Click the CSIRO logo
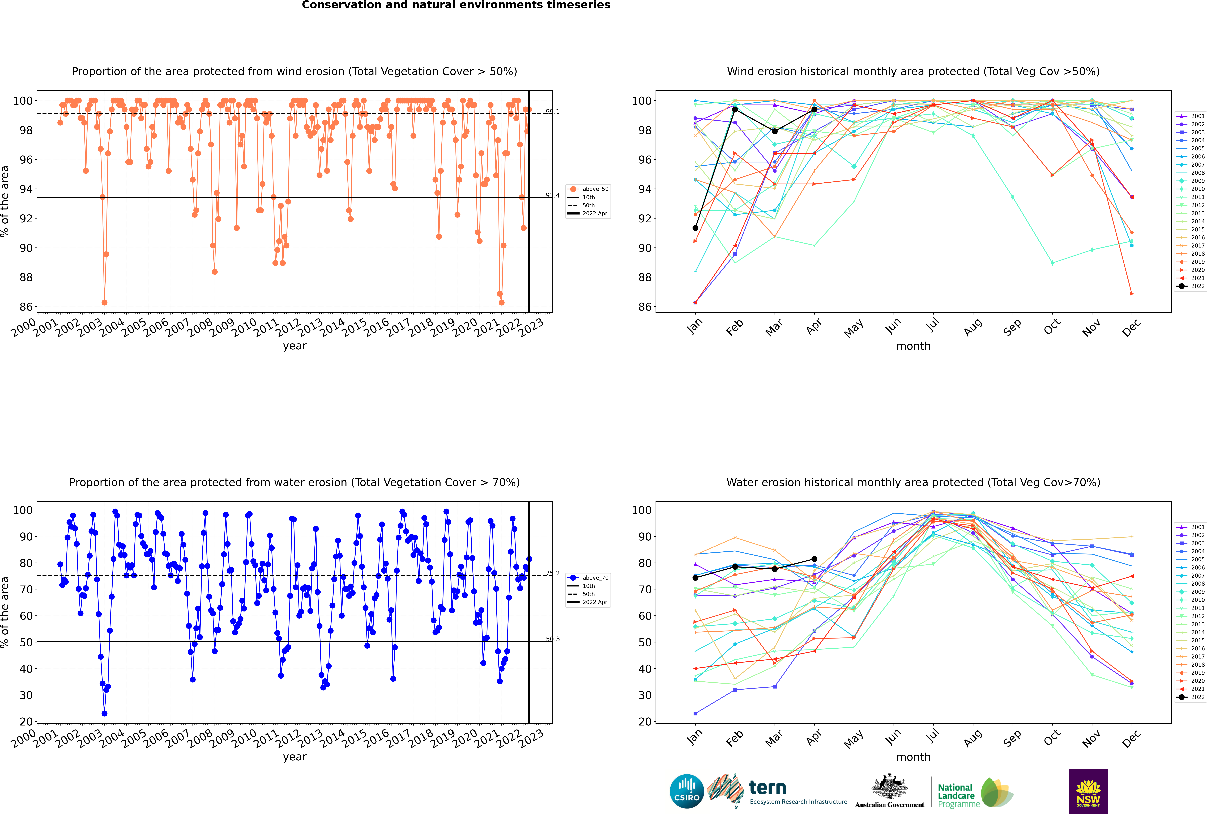pyautogui.click(x=686, y=791)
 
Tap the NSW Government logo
pyautogui.click(x=1088, y=791)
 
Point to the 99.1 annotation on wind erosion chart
pyautogui.click(x=553, y=112)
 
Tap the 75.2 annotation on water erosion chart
pyautogui.click(x=553, y=573)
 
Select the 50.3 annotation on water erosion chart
pyautogui.click(x=553, y=639)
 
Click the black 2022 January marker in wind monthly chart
pyautogui.click(x=695, y=228)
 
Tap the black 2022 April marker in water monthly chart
pyautogui.click(x=814, y=559)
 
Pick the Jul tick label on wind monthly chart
pyautogui.click(x=932, y=325)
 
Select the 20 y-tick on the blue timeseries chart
pyautogui.click(x=26, y=722)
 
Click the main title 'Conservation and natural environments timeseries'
pyautogui.click(x=456, y=5)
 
